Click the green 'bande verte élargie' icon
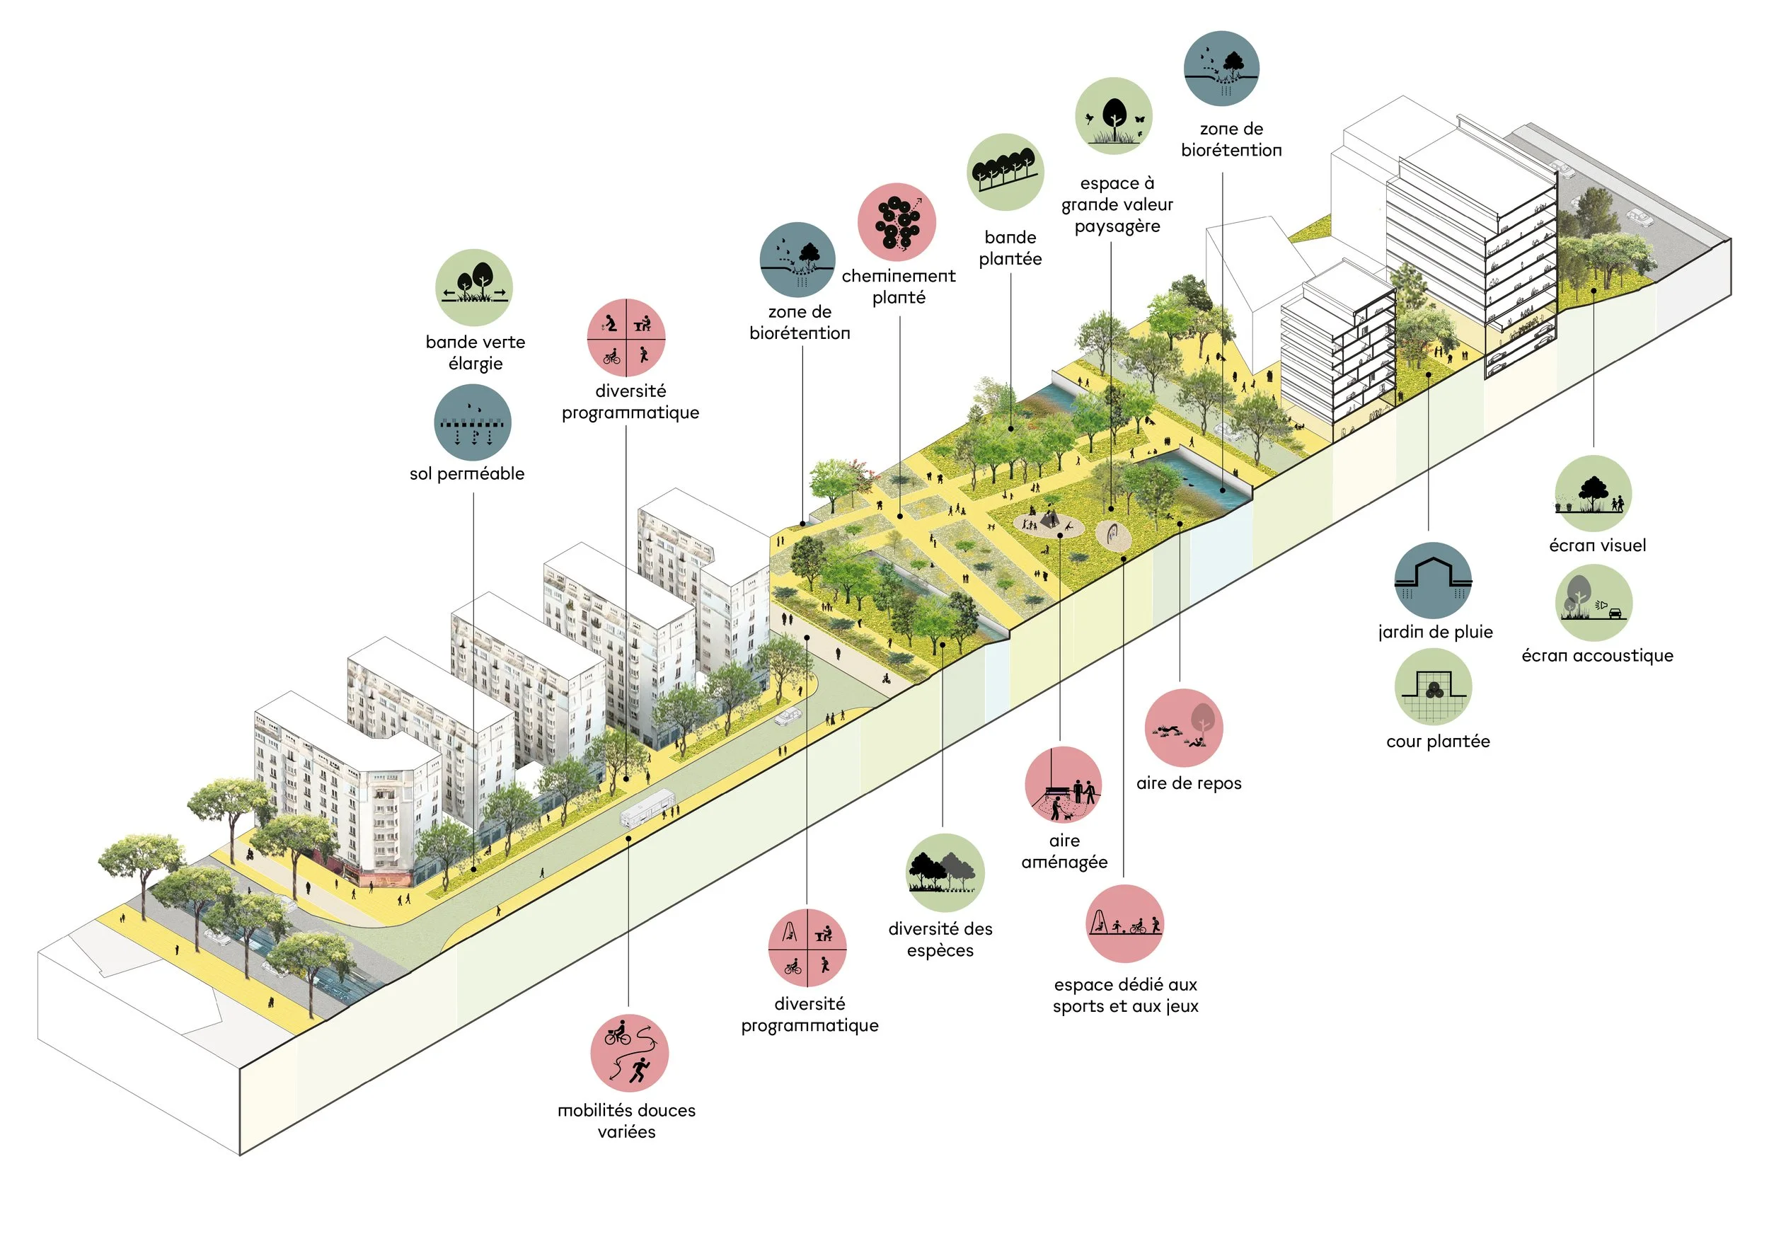coord(474,287)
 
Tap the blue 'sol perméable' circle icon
coord(472,423)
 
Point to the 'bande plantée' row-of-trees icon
coord(1005,173)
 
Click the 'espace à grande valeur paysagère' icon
coord(1113,116)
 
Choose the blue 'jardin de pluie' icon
coord(1432,580)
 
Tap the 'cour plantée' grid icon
coord(1433,686)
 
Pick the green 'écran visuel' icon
coord(1593,494)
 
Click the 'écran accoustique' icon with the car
coord(1594,602)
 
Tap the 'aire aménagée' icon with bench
coord(1064,785)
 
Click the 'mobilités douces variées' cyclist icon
coord(630,1053)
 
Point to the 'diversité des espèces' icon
coord(945,872)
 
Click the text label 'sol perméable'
coord(467,474)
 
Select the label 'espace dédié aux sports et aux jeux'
coord(1125,996)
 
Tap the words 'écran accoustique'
coord(1597,655)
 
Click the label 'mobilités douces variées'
coord(626,1121)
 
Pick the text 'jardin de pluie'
coord(1436,632)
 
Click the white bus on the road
coord(647,808)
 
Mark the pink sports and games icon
coord(1124,923)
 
